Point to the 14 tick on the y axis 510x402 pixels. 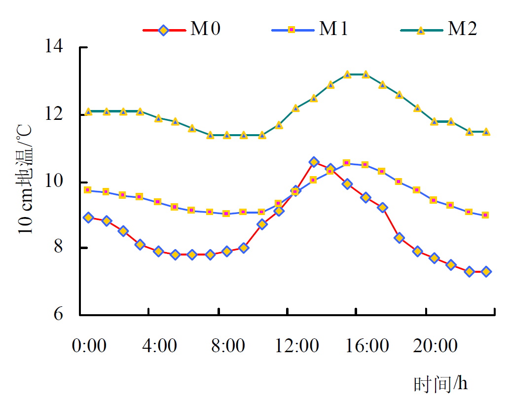[55, 48]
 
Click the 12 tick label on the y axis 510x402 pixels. [55, 114]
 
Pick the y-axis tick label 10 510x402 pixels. [55, 182]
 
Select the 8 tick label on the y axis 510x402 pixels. [59, 248]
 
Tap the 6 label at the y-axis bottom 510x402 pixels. [59, 315]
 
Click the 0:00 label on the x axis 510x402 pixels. [89, 346]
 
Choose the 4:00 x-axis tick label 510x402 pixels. [159, 346]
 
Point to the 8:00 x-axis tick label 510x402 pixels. [228, 346]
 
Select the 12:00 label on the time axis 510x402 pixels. [296, 346]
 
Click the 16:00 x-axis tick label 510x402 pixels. [365, 346]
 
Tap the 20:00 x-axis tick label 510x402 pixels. [435, 346]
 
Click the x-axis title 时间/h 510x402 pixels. [440, 383]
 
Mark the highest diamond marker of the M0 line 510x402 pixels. [314, 162]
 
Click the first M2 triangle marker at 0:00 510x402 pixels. [89, 111]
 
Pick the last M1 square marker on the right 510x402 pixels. [485, 215]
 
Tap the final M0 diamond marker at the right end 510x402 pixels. [486, 271]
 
